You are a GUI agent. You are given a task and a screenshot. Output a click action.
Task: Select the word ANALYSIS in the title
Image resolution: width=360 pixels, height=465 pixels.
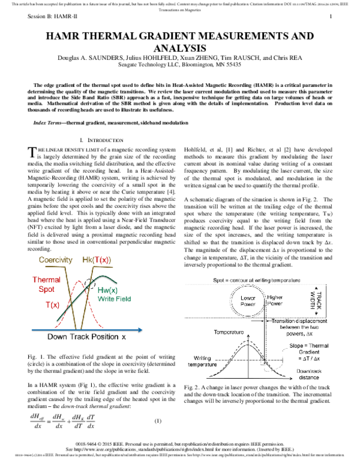pos(180,48)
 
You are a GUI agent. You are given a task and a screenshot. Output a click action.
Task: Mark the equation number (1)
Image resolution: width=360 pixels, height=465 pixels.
pos(158,420)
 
